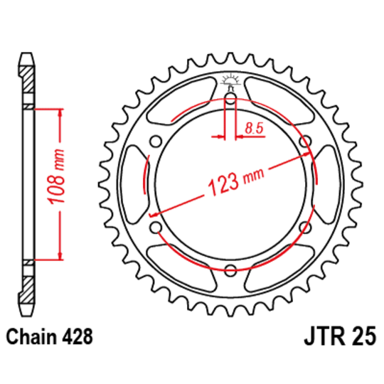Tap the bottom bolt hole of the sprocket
click(x=230, y=270)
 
